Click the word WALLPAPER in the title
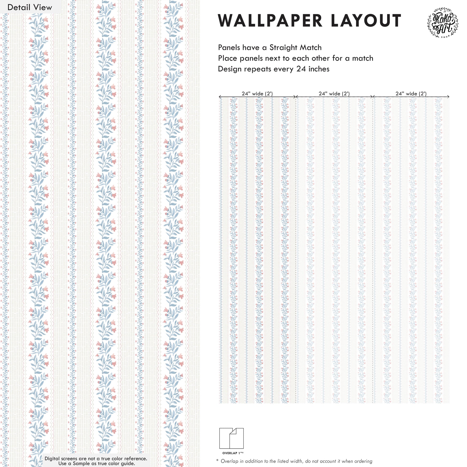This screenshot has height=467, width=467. pyautogui.click(x=270, y=21)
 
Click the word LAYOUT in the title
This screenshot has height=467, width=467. pyautogui.click(x=366, y=21)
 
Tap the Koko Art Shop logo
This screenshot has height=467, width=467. pyautogui.click(x=443, y=23)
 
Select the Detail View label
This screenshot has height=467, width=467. pyautogui.click(x=30, y=7)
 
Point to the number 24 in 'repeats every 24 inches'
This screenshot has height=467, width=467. pyautogui.click(x=301, y=69)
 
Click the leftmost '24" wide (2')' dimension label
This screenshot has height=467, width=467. pyautogui.click(x=257, y=93)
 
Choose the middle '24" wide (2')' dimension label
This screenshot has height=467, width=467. pyautogui.click(x=334, y=93)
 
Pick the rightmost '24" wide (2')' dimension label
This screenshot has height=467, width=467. pyautogui.click(x=411, y=93)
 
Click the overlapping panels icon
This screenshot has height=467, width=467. pyautogui.click(x=231, y=438)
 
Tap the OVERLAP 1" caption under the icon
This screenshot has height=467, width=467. pyautogui.click(x=233, y=453)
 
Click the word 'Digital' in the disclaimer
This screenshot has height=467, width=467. pyautogui.click(x=52, y=458)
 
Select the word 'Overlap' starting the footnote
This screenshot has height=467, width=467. pyautogui.click(x=229, y=461)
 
